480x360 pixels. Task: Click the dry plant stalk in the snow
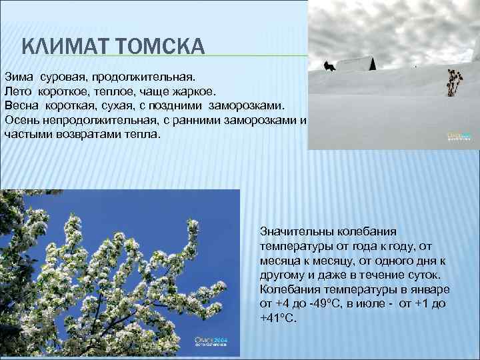coord(453,83)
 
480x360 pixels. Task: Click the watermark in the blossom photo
coord(211,341)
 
